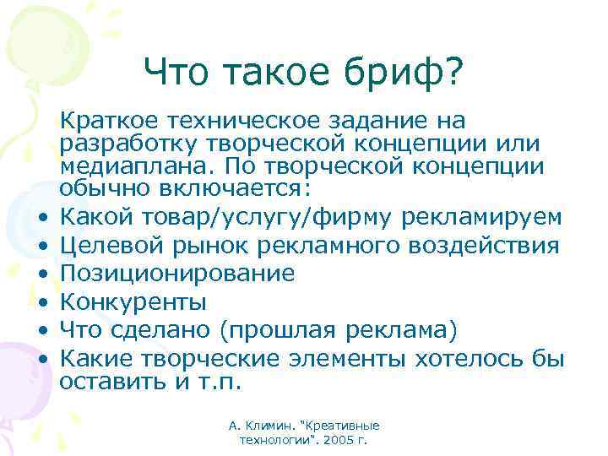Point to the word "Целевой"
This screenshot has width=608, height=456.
pos(106,246)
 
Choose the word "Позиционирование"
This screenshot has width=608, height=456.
pos(177,274)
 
